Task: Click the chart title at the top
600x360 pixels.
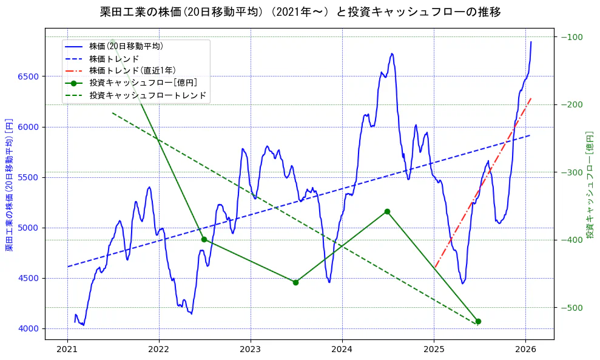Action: pyautogui.click(x=300, y=12)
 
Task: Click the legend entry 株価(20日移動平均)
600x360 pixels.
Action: pyautogui.click(x=126, y=46)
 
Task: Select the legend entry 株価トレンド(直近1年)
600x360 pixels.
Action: pyautogui.click(x=132, y=70)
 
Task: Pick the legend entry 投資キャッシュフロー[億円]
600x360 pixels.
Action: pyautogui.click(x=143, y=83)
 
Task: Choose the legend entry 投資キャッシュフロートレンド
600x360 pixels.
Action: pyautogui.click(x=148, y=95)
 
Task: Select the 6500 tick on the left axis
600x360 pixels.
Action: pyautogui.click(x=29, y=76)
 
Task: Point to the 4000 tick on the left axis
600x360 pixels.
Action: pyautogui.click(x=29, y=329)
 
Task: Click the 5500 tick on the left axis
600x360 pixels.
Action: pyautogui.click(x=29, y=177)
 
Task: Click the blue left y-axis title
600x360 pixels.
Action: pyautogui.click(x=9, y=185)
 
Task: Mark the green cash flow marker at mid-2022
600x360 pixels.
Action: pyautogui.click(x=204, y=239)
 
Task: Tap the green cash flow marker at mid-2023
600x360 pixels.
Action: pyautogui.click(x=295, y=282)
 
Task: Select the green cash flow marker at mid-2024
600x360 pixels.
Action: pyautogui.click(x=387, y=211)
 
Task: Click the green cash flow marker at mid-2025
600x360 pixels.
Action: pyautogui.click(x=478, y=321)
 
